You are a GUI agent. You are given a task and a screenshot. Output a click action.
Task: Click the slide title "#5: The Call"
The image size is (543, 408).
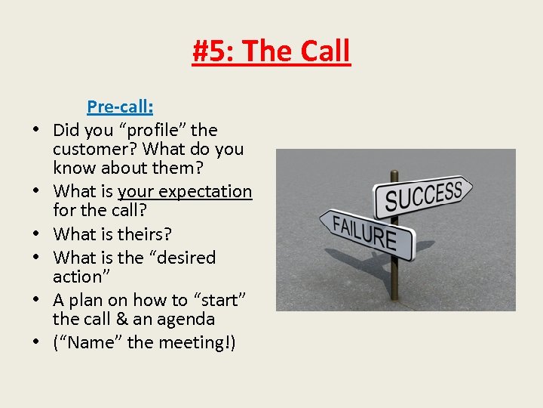tap(271, 51)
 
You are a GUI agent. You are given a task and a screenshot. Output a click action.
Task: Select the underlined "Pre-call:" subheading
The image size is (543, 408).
tap(120, 107)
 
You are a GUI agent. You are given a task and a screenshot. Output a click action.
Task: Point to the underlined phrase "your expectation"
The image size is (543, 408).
tap(185, 191)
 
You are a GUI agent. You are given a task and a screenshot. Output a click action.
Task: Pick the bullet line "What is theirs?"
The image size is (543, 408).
tap(112, 234)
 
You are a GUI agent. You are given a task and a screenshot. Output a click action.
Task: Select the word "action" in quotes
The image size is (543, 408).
tap(79, 277)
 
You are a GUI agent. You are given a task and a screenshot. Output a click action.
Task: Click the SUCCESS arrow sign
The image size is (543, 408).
tap(424, 196)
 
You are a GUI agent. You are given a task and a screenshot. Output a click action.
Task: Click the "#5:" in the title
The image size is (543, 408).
tap(214, 51)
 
